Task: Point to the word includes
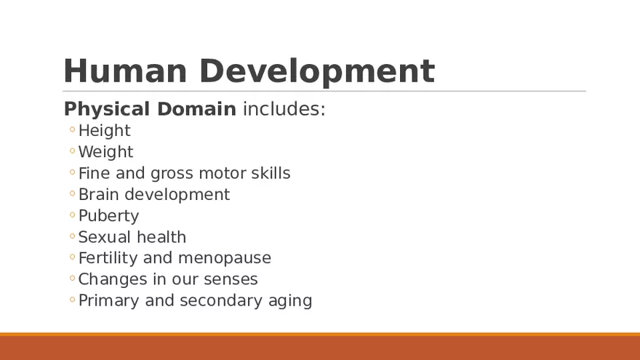click(x=284, y=109)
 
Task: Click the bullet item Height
click(x=104, y=131)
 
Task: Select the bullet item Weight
click(x=105, y=152)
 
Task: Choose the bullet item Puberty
click(x=108, y=216)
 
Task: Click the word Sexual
click(x=103, y=237)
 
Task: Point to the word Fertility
click(x=107, y=258)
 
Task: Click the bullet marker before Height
click(x=72, y=131)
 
